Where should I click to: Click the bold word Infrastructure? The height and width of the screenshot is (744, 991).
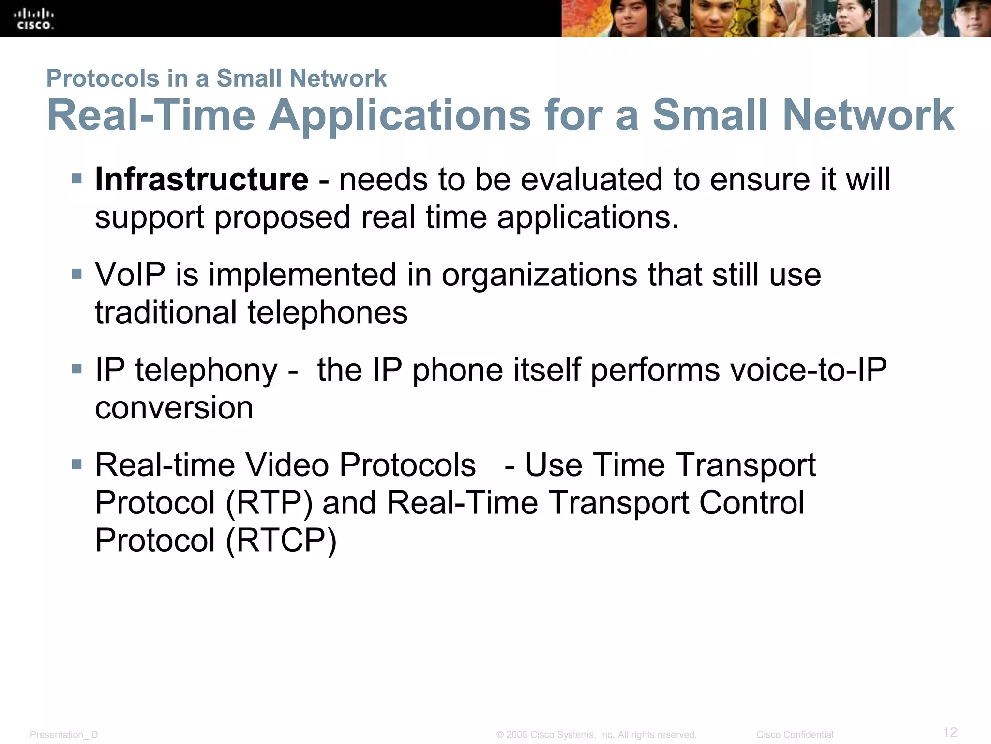coord(201,180)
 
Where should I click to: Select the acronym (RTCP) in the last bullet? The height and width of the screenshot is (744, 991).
coord(281,540)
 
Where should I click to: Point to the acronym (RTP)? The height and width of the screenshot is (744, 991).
coord(269,503)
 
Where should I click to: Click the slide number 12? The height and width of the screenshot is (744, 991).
coord(950,732)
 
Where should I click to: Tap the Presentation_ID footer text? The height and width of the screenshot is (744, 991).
coord(64,735)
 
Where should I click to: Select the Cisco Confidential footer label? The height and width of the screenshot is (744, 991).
coord(795,735)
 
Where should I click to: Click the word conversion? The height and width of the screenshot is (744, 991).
coord(174,408)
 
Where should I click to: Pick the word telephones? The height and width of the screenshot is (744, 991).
coord(328,312)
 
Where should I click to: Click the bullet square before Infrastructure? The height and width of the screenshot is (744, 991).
coord(76,179)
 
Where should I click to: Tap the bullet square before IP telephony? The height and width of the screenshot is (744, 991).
coord(76,370)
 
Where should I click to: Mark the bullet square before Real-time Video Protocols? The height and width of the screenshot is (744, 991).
coord(76,465)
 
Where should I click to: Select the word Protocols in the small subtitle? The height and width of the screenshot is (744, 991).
coord(103,78)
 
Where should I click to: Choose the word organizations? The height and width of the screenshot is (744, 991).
coord(539,275)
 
